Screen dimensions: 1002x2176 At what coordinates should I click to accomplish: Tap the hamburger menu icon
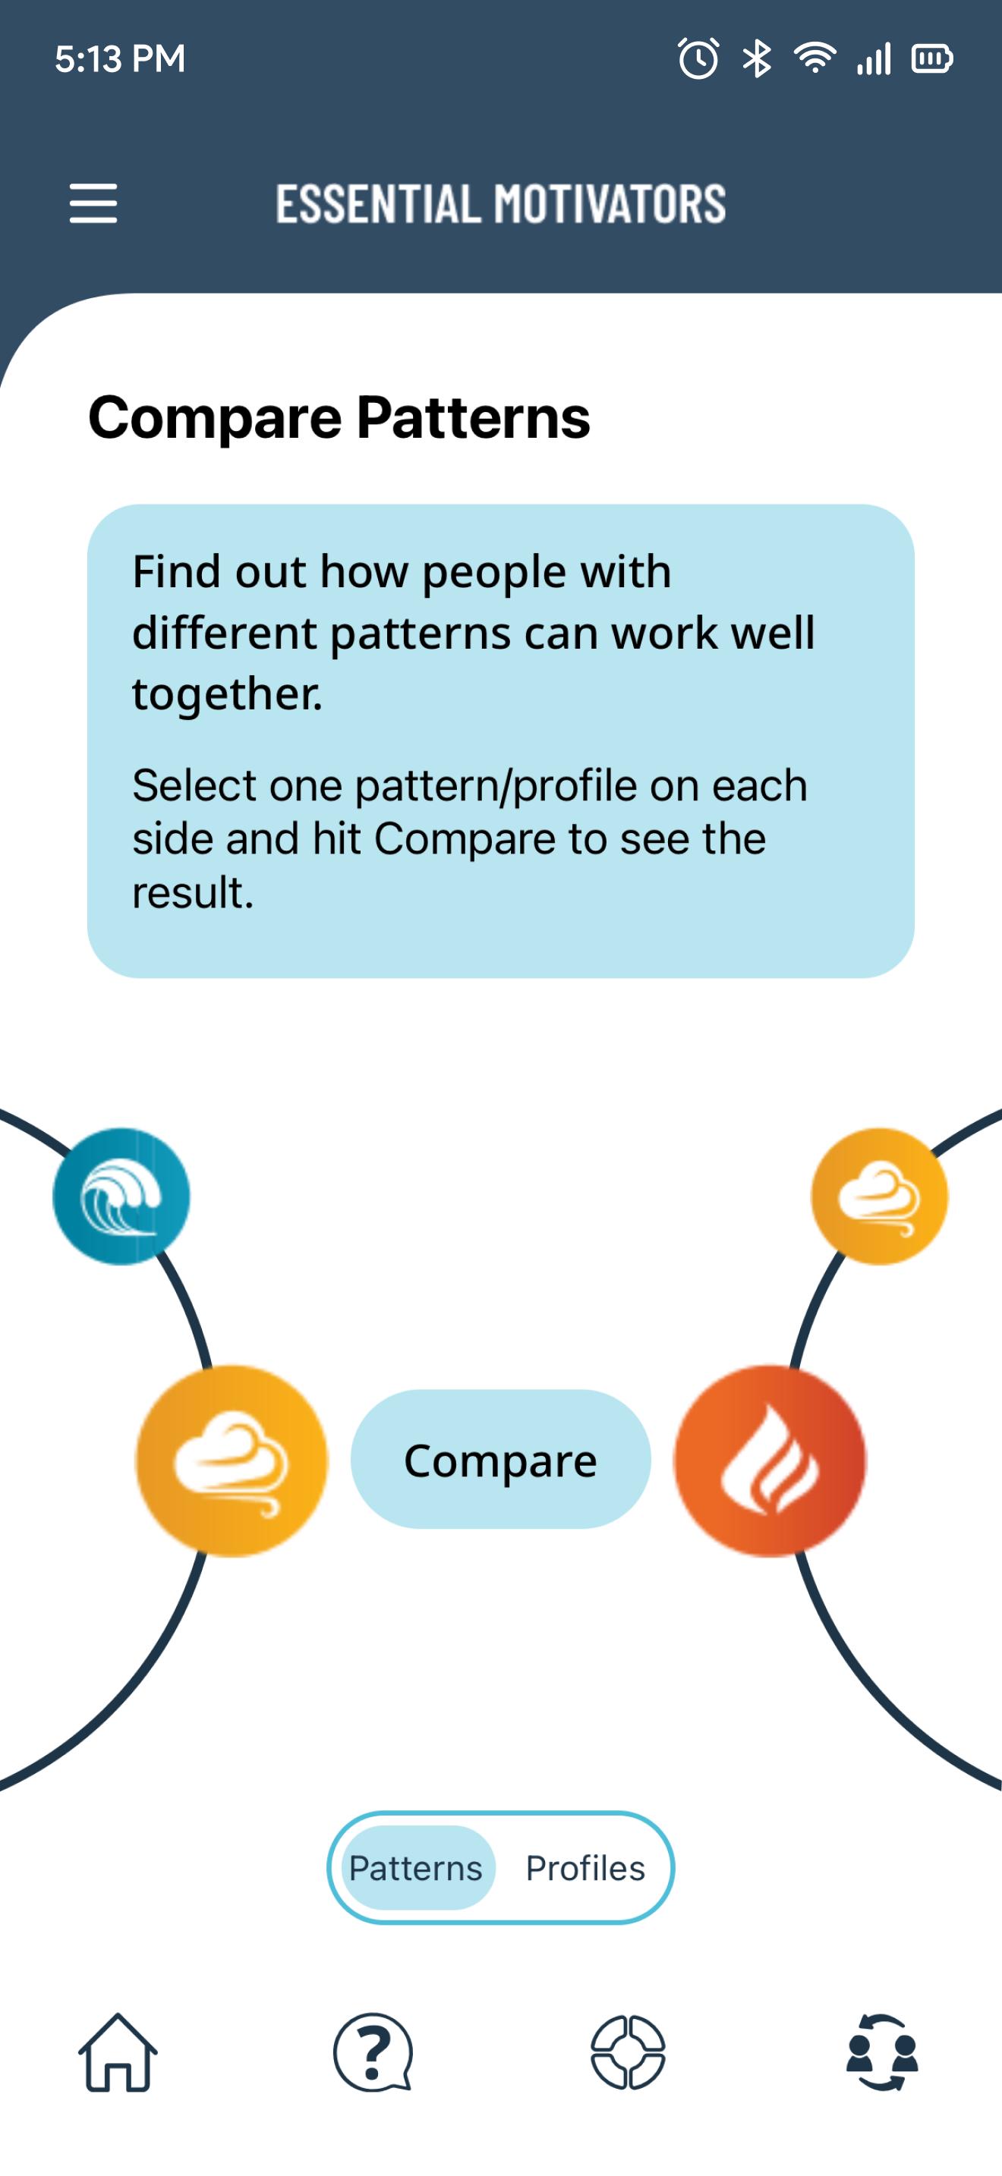(x=93, y=203)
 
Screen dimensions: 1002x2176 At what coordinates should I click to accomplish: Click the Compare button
(x=500, y=1459)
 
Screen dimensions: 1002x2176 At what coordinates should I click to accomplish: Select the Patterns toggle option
(x=417, y=1868)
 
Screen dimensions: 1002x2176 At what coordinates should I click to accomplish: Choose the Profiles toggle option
(x=584, y=1868)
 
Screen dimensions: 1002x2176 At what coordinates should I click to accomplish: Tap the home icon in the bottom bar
(x=118, y=2052)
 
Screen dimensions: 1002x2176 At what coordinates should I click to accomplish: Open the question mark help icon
(x=373, y=2052)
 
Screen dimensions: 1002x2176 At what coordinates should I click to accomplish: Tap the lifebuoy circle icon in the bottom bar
(x=628, y=2052)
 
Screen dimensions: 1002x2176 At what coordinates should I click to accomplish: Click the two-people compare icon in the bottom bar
(x=882, y=2052)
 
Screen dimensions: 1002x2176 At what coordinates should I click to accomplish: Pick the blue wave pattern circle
(x=121, y=1196)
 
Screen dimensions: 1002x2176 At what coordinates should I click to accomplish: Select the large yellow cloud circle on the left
(x=232, y=1461)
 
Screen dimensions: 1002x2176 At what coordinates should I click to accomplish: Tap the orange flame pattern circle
(x=770, y=1461)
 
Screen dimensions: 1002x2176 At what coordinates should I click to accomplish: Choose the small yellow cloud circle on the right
(x=880, y=1196)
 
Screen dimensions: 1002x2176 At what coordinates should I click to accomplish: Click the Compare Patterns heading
(x=339, y=417)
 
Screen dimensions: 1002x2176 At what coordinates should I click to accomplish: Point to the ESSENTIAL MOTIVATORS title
(x=501, y=203)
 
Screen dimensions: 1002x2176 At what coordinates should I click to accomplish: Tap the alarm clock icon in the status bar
(x=698, y=58)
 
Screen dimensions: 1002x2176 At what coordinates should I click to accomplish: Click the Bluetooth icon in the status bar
(x=757, y=58)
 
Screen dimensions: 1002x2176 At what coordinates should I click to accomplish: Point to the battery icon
(x=933, y=58)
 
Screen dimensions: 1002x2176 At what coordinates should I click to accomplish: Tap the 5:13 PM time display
(x=120, y=59)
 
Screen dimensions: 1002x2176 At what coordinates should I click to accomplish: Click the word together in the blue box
(x=227, y=693)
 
